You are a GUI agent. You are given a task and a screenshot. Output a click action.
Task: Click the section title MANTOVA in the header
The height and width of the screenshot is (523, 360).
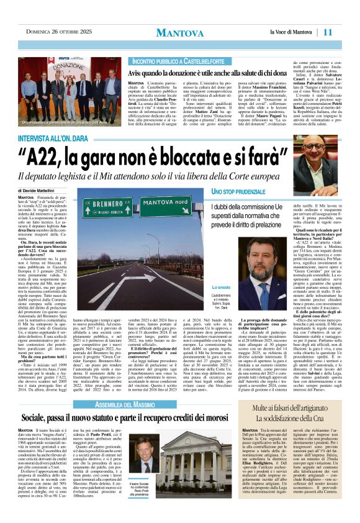pos(179,32)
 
